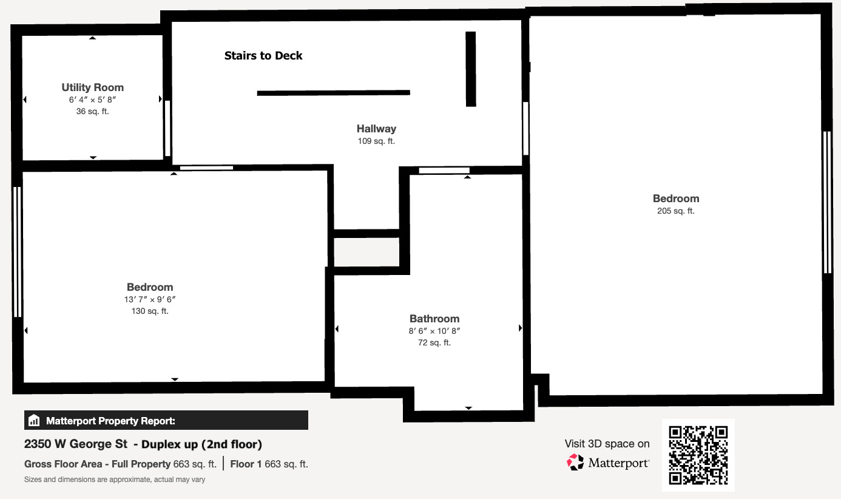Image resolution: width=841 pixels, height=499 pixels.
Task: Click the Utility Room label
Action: [x=92, y=87]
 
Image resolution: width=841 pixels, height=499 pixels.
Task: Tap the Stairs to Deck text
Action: [x=263, y=56]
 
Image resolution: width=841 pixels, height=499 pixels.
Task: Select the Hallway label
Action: [x=376, y=129]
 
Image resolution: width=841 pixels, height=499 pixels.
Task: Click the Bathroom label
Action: [x=434, y=319]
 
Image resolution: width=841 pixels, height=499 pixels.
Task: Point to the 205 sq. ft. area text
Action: [x=675, y=211]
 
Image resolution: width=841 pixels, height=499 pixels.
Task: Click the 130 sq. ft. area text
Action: [x=150, y=311]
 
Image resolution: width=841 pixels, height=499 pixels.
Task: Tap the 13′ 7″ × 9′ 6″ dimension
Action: [x=150, y=299]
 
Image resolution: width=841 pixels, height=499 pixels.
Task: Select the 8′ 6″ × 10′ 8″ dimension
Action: [x=434, y=331]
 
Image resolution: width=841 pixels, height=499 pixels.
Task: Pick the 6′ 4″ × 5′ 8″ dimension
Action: [x=92, y=100]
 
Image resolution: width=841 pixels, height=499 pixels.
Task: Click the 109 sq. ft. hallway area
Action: [x=376, y=141]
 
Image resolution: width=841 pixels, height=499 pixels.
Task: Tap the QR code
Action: [x=698, y=455]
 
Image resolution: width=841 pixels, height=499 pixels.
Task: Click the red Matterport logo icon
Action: [x=575, y=463]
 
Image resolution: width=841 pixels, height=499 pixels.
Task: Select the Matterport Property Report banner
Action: [x=166, y=421]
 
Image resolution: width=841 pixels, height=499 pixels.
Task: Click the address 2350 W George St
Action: [x=76, y=444]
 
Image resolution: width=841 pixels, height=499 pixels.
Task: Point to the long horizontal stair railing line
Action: [x=333, y=93]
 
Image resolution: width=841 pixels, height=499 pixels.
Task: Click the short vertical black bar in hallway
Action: [x=471, y=69]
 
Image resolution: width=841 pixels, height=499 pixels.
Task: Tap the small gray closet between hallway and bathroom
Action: [x=366, y=252]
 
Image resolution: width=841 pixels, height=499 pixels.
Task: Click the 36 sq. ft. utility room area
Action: [x=92, y=112]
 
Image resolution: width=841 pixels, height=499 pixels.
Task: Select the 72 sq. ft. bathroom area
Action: [x=434, y=343]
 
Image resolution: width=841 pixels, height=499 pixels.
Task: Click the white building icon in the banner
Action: [x=34, y=421]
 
